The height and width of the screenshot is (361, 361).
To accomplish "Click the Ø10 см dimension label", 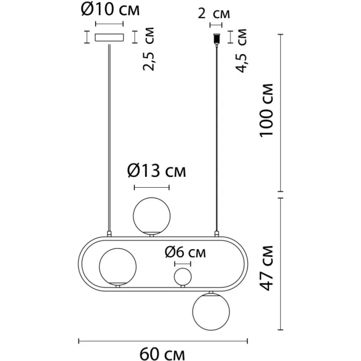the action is pos(110,9).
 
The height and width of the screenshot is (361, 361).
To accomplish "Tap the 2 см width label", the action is pos(213,14).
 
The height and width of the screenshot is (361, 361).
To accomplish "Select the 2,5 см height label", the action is pos(148,49).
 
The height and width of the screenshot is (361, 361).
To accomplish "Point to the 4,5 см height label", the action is pos(241,51).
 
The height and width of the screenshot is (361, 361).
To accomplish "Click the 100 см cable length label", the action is pos(266,111).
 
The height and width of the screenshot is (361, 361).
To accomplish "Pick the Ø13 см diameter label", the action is pos(157,171).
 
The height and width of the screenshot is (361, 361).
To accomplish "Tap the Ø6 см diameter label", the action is pos(185,252).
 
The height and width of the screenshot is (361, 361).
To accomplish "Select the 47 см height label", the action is pos(266,268).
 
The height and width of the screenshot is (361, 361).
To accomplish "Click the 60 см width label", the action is pos(162,354).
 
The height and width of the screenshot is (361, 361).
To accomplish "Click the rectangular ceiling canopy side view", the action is pos(110,37).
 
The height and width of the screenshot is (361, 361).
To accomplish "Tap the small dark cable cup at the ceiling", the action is pos(217,39).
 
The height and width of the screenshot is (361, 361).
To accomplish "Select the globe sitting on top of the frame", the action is pos(152,216).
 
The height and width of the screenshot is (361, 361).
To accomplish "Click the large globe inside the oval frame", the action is pos(118,267).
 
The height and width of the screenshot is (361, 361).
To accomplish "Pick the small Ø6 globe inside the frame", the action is pos(183,277).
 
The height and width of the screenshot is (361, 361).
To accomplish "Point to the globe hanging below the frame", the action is pos(211,312).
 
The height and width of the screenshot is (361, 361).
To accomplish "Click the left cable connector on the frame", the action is pos(109,234).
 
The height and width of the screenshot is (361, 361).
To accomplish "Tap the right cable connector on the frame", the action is pos(217,234).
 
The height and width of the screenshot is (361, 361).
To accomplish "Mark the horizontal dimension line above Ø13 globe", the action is pos(152,187).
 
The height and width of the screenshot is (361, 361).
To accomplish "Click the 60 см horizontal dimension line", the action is pos(163,341).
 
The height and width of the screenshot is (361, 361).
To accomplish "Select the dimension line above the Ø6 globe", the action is pos(183,264).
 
